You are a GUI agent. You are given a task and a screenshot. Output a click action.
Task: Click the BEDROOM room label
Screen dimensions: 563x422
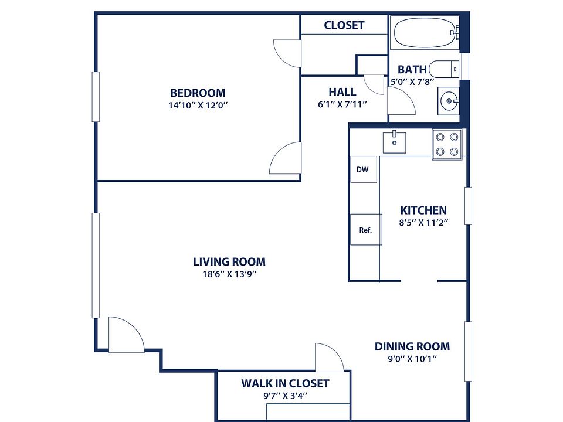(x=198, y=93)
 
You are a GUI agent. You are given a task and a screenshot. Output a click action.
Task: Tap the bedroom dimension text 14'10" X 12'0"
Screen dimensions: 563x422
(x=198, y=105)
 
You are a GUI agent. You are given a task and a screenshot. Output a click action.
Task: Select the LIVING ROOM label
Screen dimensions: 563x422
(x=229, y=261)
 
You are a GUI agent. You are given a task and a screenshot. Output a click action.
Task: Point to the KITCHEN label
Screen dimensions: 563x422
(x=423, y=210)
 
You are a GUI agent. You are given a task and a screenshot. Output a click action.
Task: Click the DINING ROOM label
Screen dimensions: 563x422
(x=412, y=346)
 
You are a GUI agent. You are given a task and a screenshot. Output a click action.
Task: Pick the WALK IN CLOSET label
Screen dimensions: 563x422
(x=285, y=383)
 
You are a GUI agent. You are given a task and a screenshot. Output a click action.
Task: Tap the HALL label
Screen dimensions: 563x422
(x=342, y=92)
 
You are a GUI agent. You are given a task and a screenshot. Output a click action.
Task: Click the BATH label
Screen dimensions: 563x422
(x=412, y=69)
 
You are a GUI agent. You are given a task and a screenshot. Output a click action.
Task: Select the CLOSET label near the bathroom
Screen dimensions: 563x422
(x=344, y=25)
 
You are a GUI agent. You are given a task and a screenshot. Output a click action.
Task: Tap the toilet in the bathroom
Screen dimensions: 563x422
(x=444, y=69)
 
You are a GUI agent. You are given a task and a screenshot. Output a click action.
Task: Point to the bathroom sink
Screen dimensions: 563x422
(x=449, y=101)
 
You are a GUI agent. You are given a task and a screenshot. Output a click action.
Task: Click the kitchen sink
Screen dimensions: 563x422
(x=394, y=142)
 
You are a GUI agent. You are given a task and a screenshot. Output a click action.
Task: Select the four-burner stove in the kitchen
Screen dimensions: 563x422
(x=447, y=144)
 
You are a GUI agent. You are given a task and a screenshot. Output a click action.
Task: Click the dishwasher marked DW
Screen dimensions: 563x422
(x=364, y=169)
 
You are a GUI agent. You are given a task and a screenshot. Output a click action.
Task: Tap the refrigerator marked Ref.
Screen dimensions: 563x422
(x=365, y=230)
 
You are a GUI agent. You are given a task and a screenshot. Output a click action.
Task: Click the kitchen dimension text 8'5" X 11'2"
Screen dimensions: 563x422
(x=423, y=223)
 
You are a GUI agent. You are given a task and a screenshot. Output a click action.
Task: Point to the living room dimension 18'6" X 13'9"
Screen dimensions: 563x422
(x=229, y=274)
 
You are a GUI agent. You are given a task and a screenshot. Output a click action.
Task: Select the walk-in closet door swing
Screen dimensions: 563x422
(x=329, y=358)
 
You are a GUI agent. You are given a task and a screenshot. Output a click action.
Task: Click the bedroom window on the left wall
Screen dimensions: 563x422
(x=96, y=97)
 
